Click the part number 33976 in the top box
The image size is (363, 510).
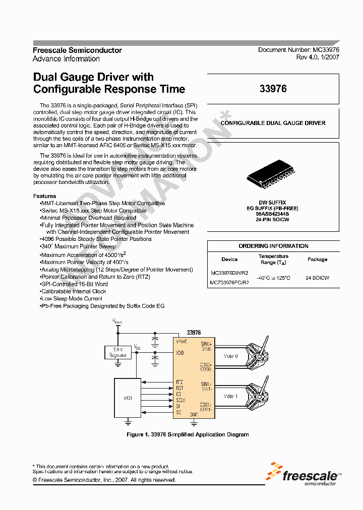[273, 89]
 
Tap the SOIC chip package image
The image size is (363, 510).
[273, 177]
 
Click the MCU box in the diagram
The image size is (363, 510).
[128, 398]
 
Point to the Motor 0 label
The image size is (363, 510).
[230, 356]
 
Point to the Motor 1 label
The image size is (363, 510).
[230, 396]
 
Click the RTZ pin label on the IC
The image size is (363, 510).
[179, 381]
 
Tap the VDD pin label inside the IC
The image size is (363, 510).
[180, 353]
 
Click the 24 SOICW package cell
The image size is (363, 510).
[317, 278]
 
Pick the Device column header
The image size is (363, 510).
[229, 260]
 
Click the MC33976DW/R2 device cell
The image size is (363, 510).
[229, 273]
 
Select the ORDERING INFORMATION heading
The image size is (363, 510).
[273, 246]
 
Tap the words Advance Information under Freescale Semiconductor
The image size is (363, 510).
[66, 59]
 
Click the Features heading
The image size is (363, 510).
[44, 196]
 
